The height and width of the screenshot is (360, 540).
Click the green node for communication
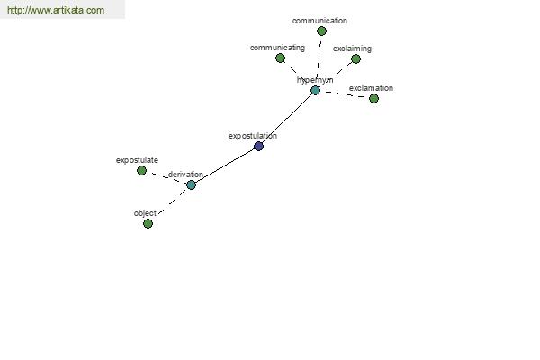pyautogui.click(x=321, y=31)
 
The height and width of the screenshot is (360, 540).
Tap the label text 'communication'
pyautogui.click(x=319, y=21)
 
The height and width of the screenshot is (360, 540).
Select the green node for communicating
pyautogui.click(x=280, y=58)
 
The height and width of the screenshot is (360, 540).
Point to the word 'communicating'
pyautogui.click(x=277, y=48)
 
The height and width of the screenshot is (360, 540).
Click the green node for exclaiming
pyautogui.click(x=355, y=58)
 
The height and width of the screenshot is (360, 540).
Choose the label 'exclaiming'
pyautogui.click(x=352, y=49)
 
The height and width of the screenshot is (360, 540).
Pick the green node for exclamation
pyautogui.click(x=373, y=98)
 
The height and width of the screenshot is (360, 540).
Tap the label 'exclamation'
pyautogui.click(x=371, y=88)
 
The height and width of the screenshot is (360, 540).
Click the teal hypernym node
pyautogui.click(x=315, y=91)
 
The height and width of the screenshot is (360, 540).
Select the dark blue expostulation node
pyautogui.click(x=258, y=146)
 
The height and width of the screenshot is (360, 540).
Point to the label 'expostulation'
pyautogui.click(x=253, y=136)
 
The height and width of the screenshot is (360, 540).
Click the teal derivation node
pyautogui.click(x=191, y=185)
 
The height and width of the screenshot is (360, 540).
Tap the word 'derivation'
pyautogui.click(x=185, y=175)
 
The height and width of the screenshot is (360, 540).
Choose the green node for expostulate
pyautogui.click(x=141, y=170)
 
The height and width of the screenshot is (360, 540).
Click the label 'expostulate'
pyautogui.click(x=137, y=160)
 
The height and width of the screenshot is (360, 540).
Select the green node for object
pyautogui.click(x=148, y=224)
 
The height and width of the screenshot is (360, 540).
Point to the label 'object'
pyautogui.click(x=145, y=213)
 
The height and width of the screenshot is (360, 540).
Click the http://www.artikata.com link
pyautogui.click(x=56, y=10)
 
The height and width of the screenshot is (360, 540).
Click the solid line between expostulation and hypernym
pyautogui.click(x=287, y=119)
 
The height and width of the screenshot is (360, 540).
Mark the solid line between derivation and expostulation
pyautogui.click(x=225, y=166)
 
